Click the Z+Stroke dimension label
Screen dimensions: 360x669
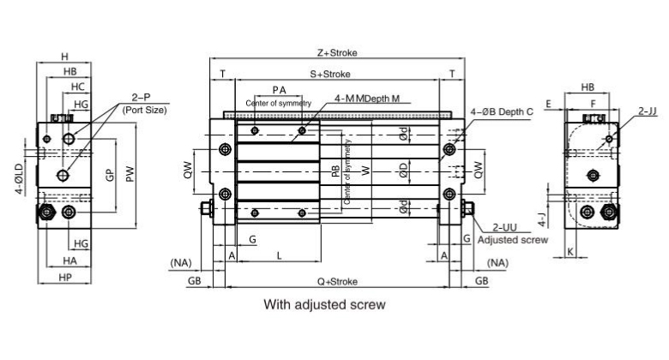click(x=337, y=52)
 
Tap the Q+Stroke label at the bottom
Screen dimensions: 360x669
click(x=335, y=280)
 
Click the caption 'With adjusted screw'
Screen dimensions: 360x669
click(x=324, y=304)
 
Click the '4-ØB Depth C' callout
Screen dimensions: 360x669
click(x=503, y=112)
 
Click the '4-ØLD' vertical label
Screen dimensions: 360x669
click(x=19, y=179)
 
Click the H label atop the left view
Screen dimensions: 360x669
click(x=64, y=57)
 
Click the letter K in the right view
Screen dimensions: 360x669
click(x=570, y=251)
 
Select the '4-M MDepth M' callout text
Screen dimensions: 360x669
click(x=367, y=99)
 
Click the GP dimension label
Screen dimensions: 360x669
click(x=109, y=176)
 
